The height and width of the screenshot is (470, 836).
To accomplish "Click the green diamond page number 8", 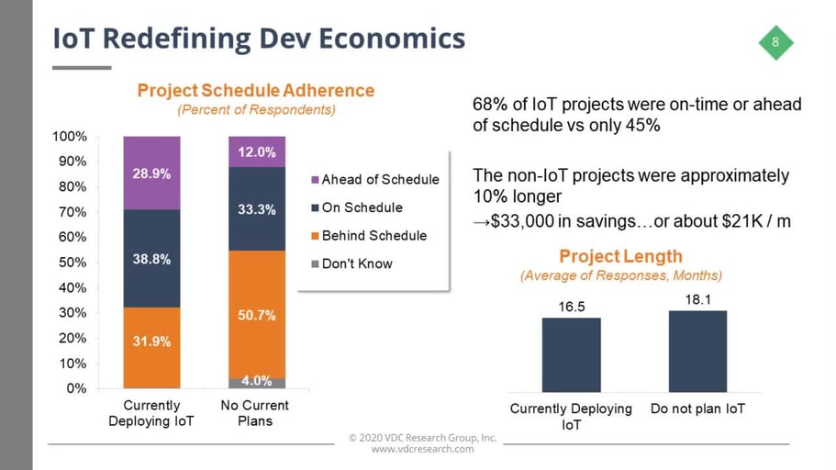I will pos(775,42).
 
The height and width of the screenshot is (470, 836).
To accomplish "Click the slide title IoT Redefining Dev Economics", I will pos(258,39).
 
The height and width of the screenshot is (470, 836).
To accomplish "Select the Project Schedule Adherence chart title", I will pos(255,91).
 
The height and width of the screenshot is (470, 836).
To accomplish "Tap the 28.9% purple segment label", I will pos(150,173).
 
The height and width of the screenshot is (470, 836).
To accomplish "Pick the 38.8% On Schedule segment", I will pos(150,259).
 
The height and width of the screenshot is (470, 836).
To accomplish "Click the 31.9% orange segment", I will pos(150,341).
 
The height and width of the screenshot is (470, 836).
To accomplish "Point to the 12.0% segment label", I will pos(257,152).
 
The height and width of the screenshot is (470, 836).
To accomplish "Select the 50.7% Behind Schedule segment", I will pos(257,315).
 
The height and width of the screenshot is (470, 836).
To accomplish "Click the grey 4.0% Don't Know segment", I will pos(257,382).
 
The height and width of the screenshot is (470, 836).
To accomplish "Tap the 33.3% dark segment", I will pos(257,209).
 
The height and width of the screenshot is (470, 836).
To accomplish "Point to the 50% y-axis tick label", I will pos(74,263).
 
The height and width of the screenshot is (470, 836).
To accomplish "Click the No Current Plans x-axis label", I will pos(255,413).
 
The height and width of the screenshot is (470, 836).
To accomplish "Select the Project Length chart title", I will pos(620,256).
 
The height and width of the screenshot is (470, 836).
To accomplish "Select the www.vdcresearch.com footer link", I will pos(422,449).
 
